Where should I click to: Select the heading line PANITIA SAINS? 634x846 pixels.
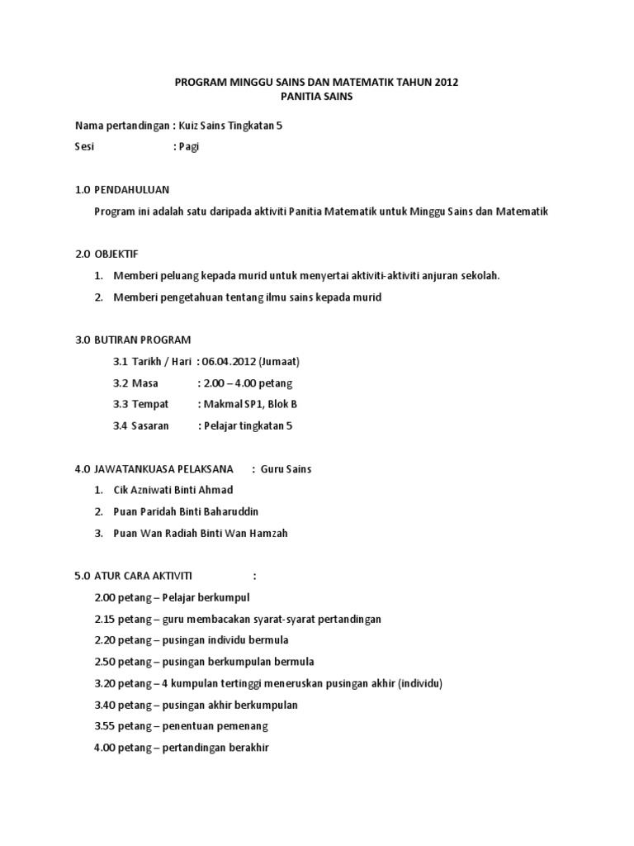point(316,97)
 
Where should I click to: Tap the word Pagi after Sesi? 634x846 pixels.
point(190,147)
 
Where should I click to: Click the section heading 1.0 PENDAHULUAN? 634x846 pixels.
point(122,190)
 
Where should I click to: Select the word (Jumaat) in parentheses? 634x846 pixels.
point(279,362)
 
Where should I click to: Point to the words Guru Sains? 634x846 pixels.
point(286,469)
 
